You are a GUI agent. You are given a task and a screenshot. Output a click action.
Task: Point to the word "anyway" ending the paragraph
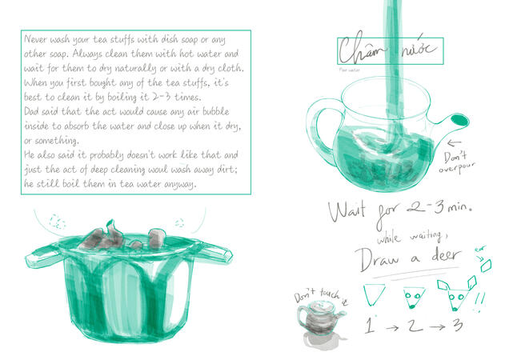click(178, 185)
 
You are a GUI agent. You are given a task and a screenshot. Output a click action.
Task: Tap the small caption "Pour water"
click(349, 70)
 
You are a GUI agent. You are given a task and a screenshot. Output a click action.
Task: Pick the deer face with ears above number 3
click(456, 294)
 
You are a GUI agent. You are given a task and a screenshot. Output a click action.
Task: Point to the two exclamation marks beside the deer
click(482, 297)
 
